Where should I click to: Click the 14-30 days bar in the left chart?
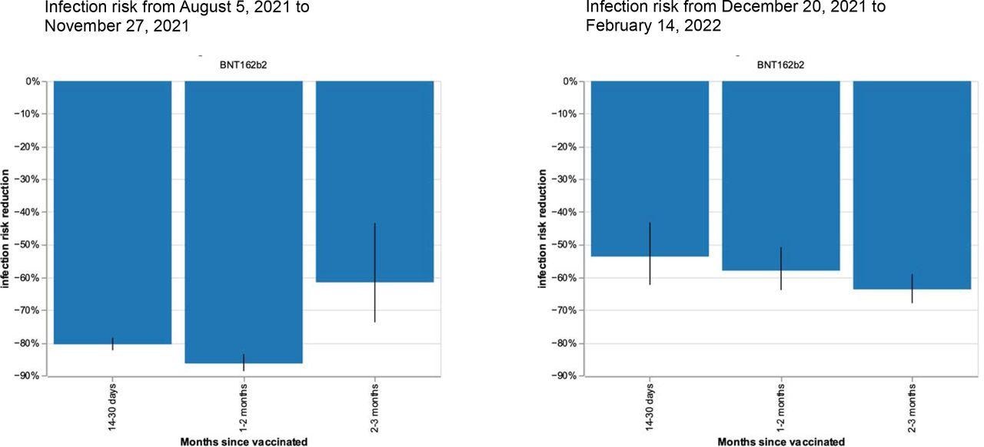coord(112,211)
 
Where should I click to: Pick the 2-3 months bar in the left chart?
coord(374,180)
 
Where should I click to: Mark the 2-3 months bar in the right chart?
coord(912,184)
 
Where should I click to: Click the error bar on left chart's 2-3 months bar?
coord(374,273)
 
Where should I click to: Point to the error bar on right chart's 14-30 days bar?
coord(650,253)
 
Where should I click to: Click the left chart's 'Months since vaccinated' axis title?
coord(244,442)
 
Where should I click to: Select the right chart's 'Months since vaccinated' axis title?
coord(781,442)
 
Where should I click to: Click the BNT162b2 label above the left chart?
coord(243,65)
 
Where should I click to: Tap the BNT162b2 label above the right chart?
coord(780,65)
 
